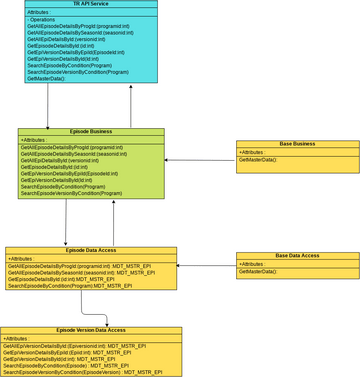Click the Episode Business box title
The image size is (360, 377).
[91, 132]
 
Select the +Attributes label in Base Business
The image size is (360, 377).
[254, 152]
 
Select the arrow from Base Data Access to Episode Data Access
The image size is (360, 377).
[206, 265]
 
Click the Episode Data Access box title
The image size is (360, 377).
[91, 251]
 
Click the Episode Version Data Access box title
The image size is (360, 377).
[91, 330]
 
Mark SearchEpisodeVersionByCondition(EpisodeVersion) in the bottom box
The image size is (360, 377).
[82, 372]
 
